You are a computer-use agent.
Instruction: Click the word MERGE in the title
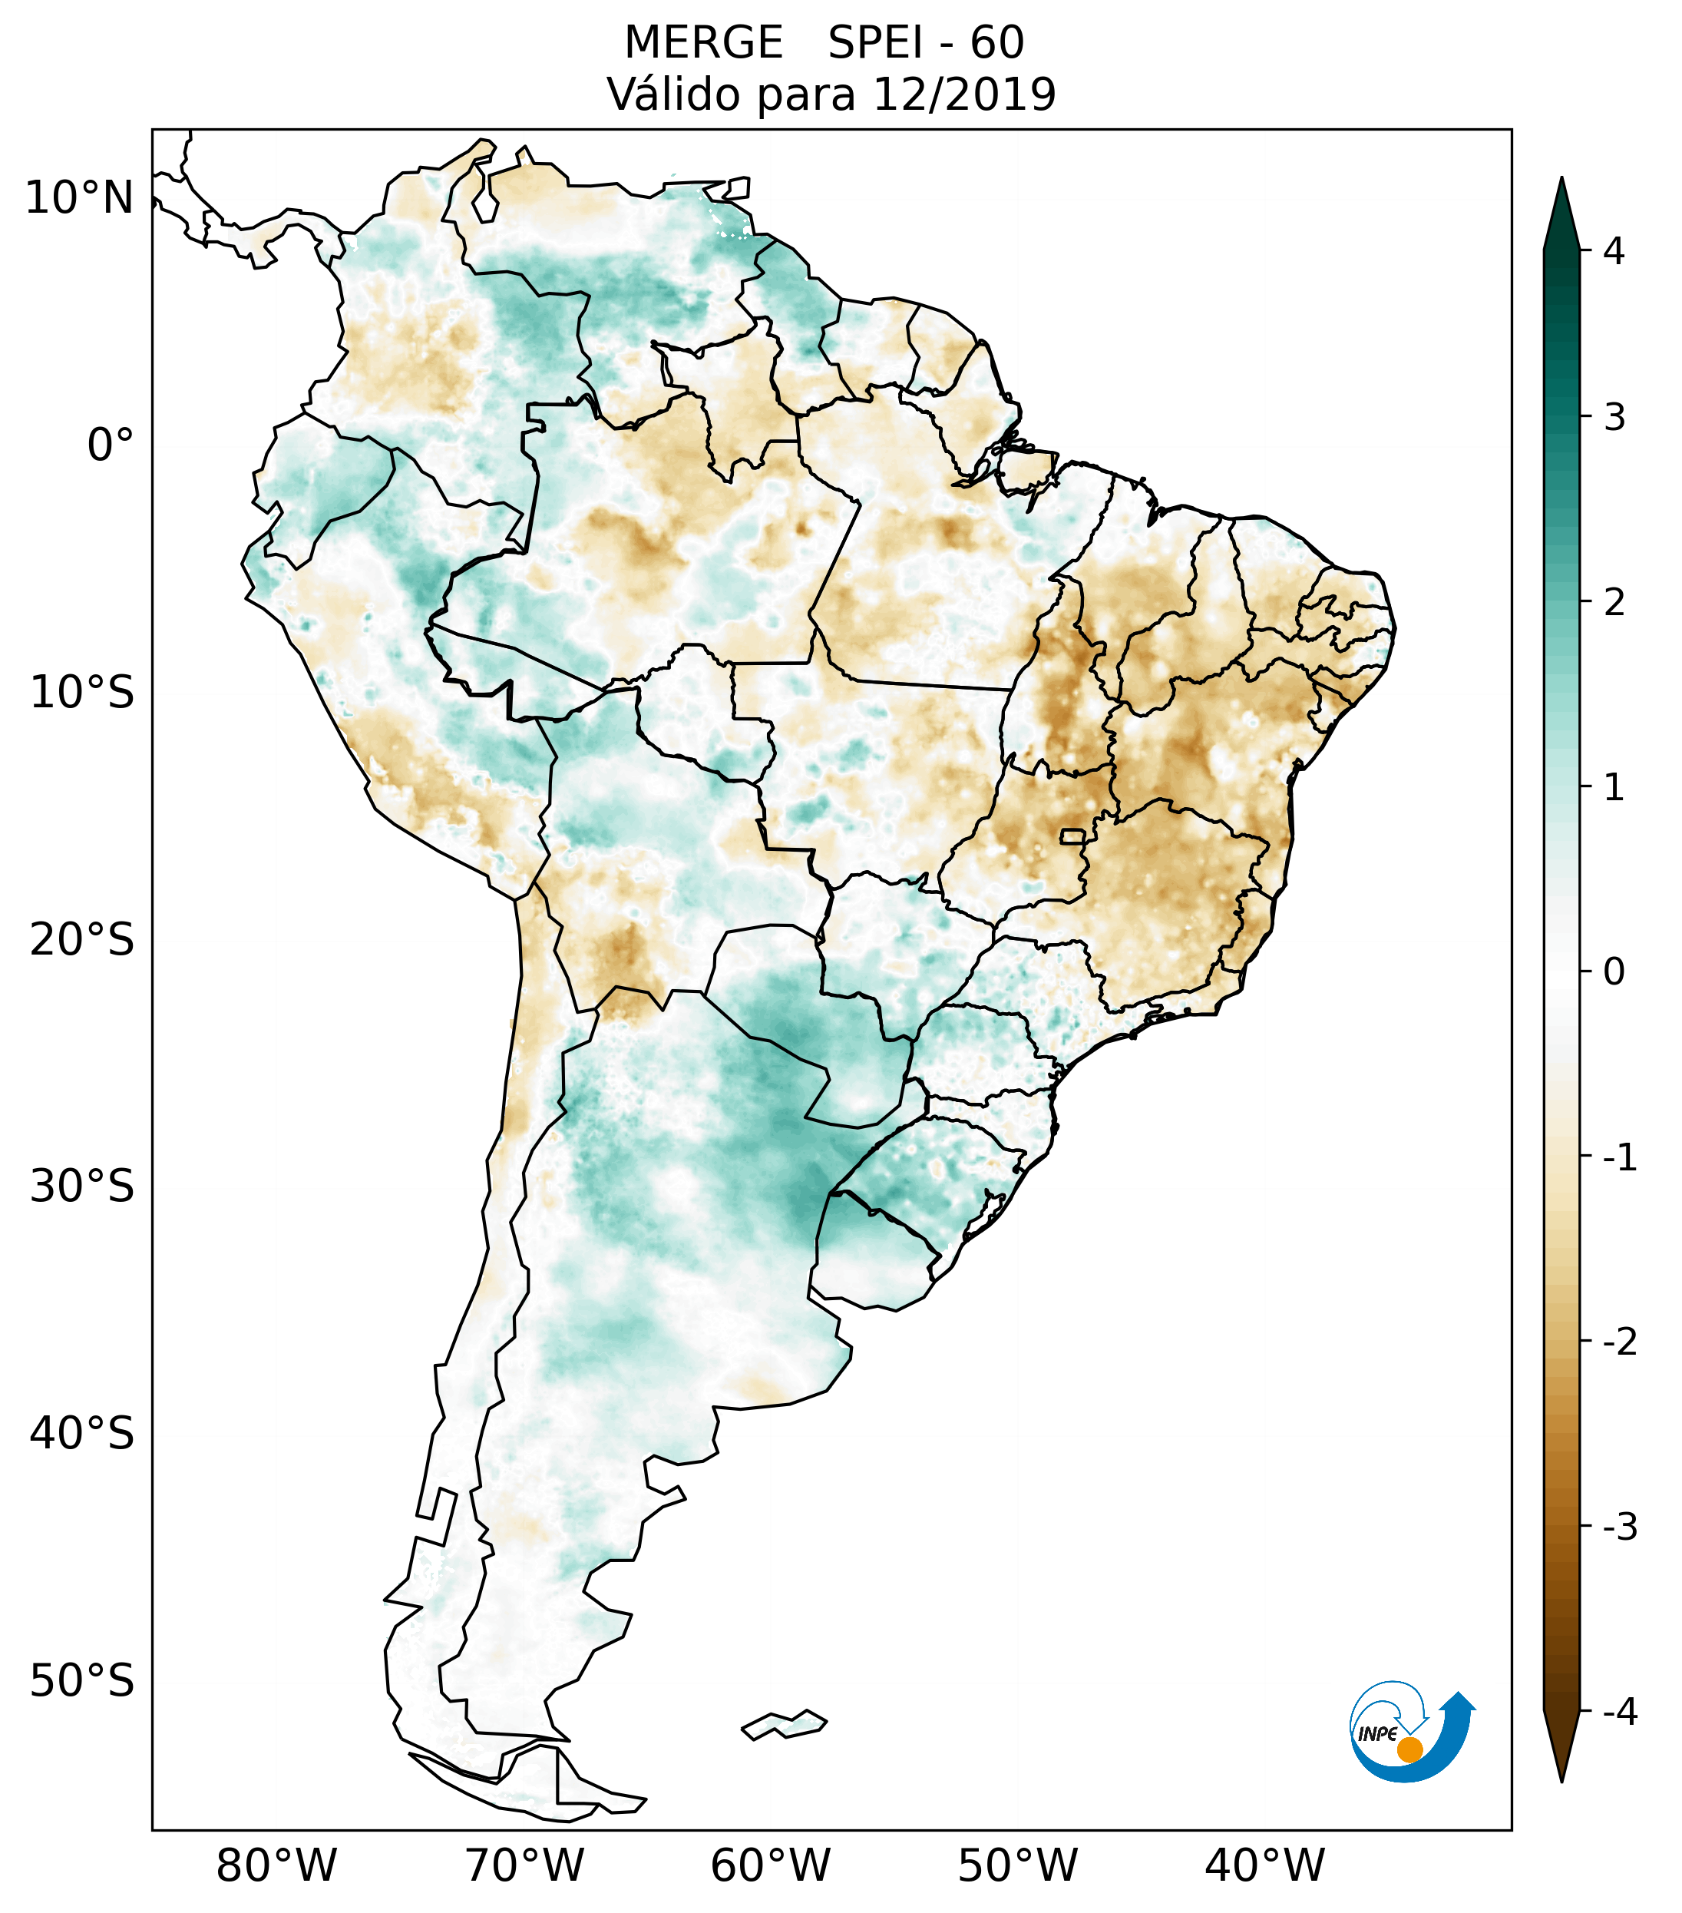click(x=703, y=43)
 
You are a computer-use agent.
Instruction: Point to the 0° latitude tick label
click(x=111, y=445)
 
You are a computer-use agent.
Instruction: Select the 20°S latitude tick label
click(x=82, y=940)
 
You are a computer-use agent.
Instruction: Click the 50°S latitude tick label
click(x=82, y=1681)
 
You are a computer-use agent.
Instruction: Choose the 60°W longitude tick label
click(x=770, y=1865)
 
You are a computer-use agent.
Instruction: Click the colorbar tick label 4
click(x=1614, y=251)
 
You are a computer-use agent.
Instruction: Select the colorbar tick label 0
click(x=1614, y=972)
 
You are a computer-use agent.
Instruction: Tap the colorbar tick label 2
click(x=1614, y=603)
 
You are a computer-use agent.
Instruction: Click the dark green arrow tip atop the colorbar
click(x=1561, y=201)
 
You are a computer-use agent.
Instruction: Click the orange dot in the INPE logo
click(x=1409, y=1749)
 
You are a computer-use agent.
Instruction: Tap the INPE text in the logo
click(x=1377, y=1734)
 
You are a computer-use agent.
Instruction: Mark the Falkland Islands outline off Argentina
click(x=784, y=1724)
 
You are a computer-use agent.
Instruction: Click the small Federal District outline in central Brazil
click(x=1073, y=835)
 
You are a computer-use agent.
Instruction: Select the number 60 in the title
click(x=997, y=43)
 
